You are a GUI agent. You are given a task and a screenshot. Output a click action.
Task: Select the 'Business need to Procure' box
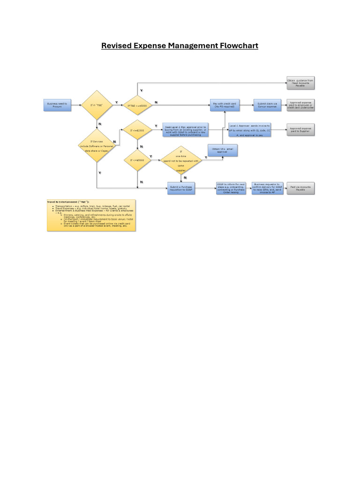pyautogui.click(x=57, y=105)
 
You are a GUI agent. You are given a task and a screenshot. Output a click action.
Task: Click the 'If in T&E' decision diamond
pyautogui.click(x=97, y=105)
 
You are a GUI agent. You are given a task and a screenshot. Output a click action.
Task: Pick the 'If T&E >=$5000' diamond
pyautogui.click(x=137, y=105)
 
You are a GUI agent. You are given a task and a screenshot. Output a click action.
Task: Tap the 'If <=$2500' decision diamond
pyautogui.click(x=137, y=131)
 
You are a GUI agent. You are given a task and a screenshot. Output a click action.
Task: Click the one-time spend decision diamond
pyautogui.click(x=180, y=161)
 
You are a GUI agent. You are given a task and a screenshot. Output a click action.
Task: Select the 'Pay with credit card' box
pyautogui.click(x=225, y=105)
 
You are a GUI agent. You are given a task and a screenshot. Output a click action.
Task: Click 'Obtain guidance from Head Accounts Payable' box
pyautogui.click(x=300, y=83)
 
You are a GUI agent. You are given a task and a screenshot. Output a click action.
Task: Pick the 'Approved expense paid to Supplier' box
pyautogui.click(x=300, y=130)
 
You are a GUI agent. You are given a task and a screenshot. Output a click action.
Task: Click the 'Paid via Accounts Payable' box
pyautogui.click(x=300, y=188)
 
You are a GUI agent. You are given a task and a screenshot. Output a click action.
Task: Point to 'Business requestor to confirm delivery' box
pyautogui.click(x=267, y=188)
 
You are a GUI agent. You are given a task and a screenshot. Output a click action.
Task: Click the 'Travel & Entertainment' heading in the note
pyautogui.click(x=68, y=202)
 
